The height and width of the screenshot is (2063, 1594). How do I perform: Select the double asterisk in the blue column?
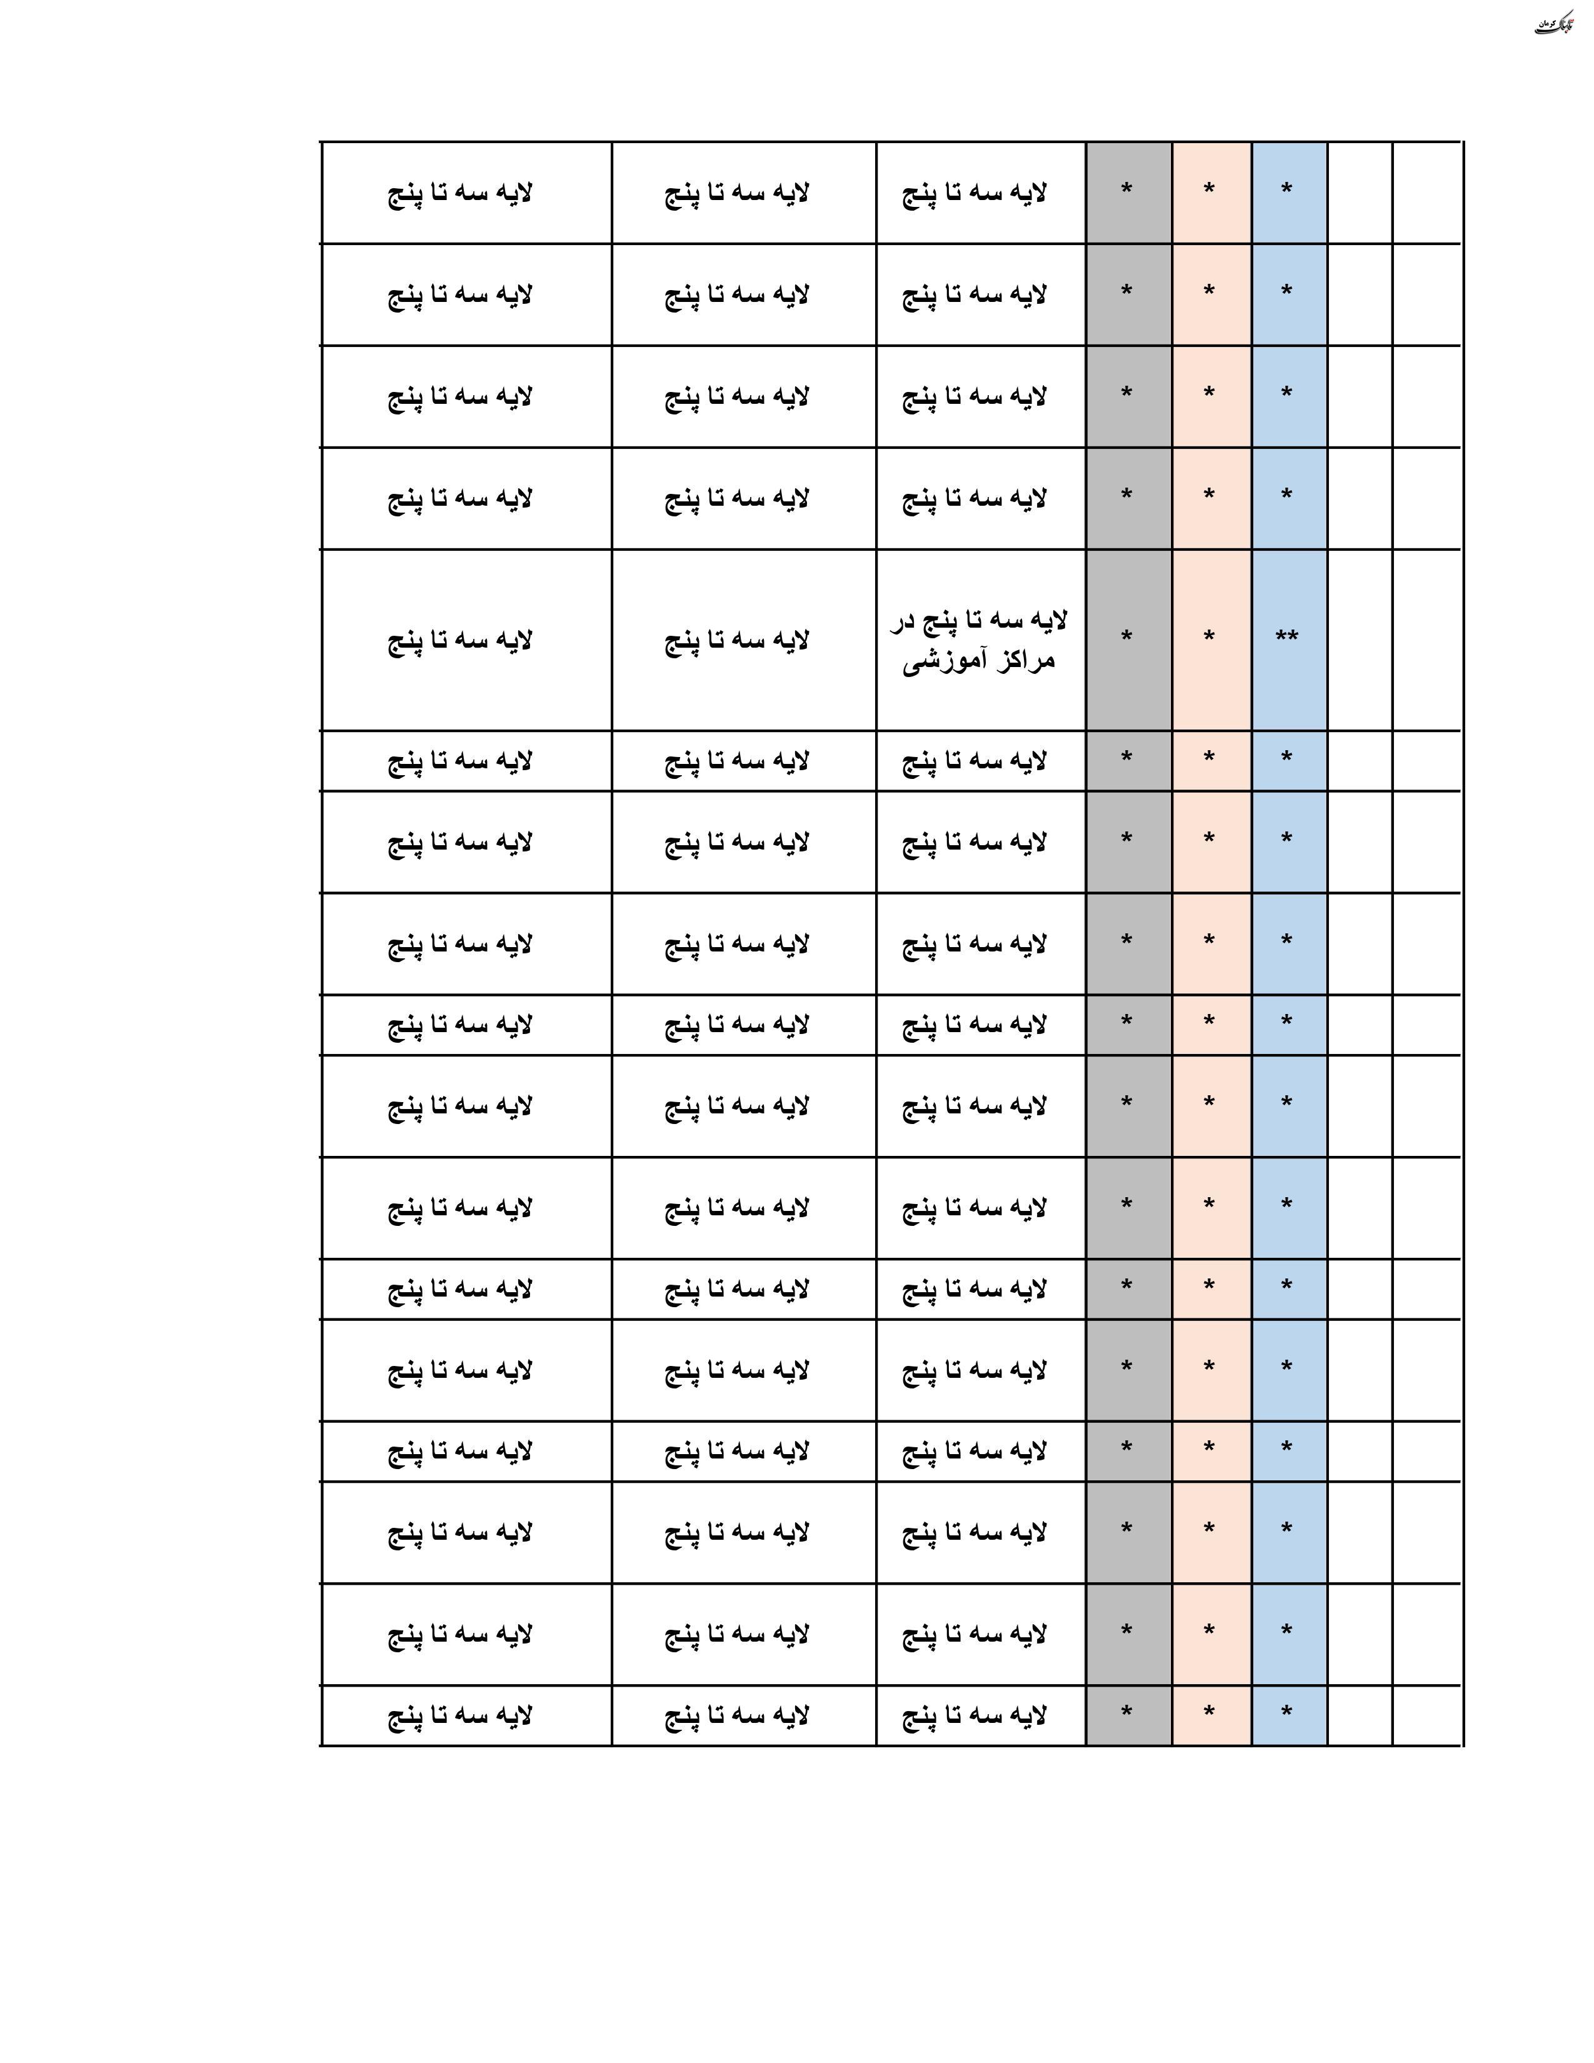pyautogui.click(x=1286, y=636)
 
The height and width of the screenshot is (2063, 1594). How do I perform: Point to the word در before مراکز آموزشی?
pyautogui.click(x=905, y=621)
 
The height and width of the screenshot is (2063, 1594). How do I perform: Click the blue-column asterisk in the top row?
pyautogui.click(x=1286, y=191)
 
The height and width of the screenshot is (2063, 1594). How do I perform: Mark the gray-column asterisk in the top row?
pyautogui.click(x=1126, y=191)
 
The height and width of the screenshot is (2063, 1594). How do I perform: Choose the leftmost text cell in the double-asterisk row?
pyautogui.click(x=460, y=640)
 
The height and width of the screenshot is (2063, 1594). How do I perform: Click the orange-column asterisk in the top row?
pyautogui.click(x=1209, y=191)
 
